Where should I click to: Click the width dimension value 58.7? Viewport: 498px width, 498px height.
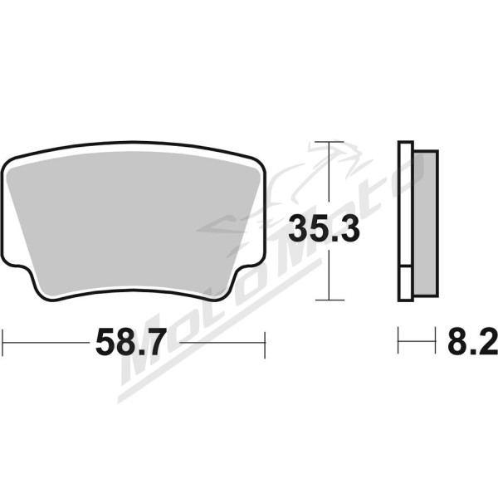131,342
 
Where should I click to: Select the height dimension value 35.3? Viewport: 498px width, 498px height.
324,228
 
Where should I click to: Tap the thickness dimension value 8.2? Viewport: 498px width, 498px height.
472,341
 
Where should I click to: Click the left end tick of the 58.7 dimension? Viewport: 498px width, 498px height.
2,343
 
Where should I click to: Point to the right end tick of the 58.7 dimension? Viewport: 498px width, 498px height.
265,345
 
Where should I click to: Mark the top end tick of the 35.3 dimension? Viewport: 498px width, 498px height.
330,141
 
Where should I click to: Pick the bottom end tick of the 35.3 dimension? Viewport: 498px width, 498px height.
330,300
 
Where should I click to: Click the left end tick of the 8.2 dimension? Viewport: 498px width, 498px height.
398,339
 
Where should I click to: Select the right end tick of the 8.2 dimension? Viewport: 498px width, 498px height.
435,339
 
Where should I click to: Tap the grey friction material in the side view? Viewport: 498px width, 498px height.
426,223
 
